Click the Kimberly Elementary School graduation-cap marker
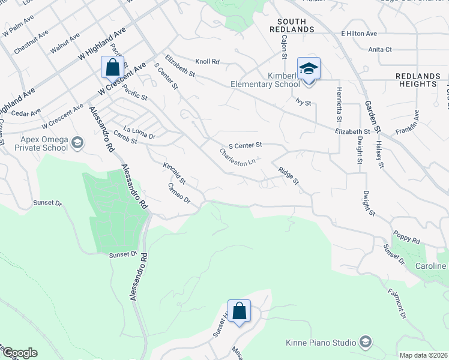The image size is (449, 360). point(309,68)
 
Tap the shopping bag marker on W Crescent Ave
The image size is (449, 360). point(112,67)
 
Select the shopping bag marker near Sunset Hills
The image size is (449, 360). point(239,311)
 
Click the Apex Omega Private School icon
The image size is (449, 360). point(77,143)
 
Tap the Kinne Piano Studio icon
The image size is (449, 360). point(364,343)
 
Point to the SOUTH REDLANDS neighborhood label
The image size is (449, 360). point(288,25)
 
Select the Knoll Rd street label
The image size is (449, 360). point(208,61)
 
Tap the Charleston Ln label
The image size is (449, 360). point(238,159)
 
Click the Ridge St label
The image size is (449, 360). point(288,176)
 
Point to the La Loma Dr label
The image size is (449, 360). point(139,133)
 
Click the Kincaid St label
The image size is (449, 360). point(175,173)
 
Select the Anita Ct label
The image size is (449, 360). point(380,49)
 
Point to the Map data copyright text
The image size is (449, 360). point(423,355)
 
